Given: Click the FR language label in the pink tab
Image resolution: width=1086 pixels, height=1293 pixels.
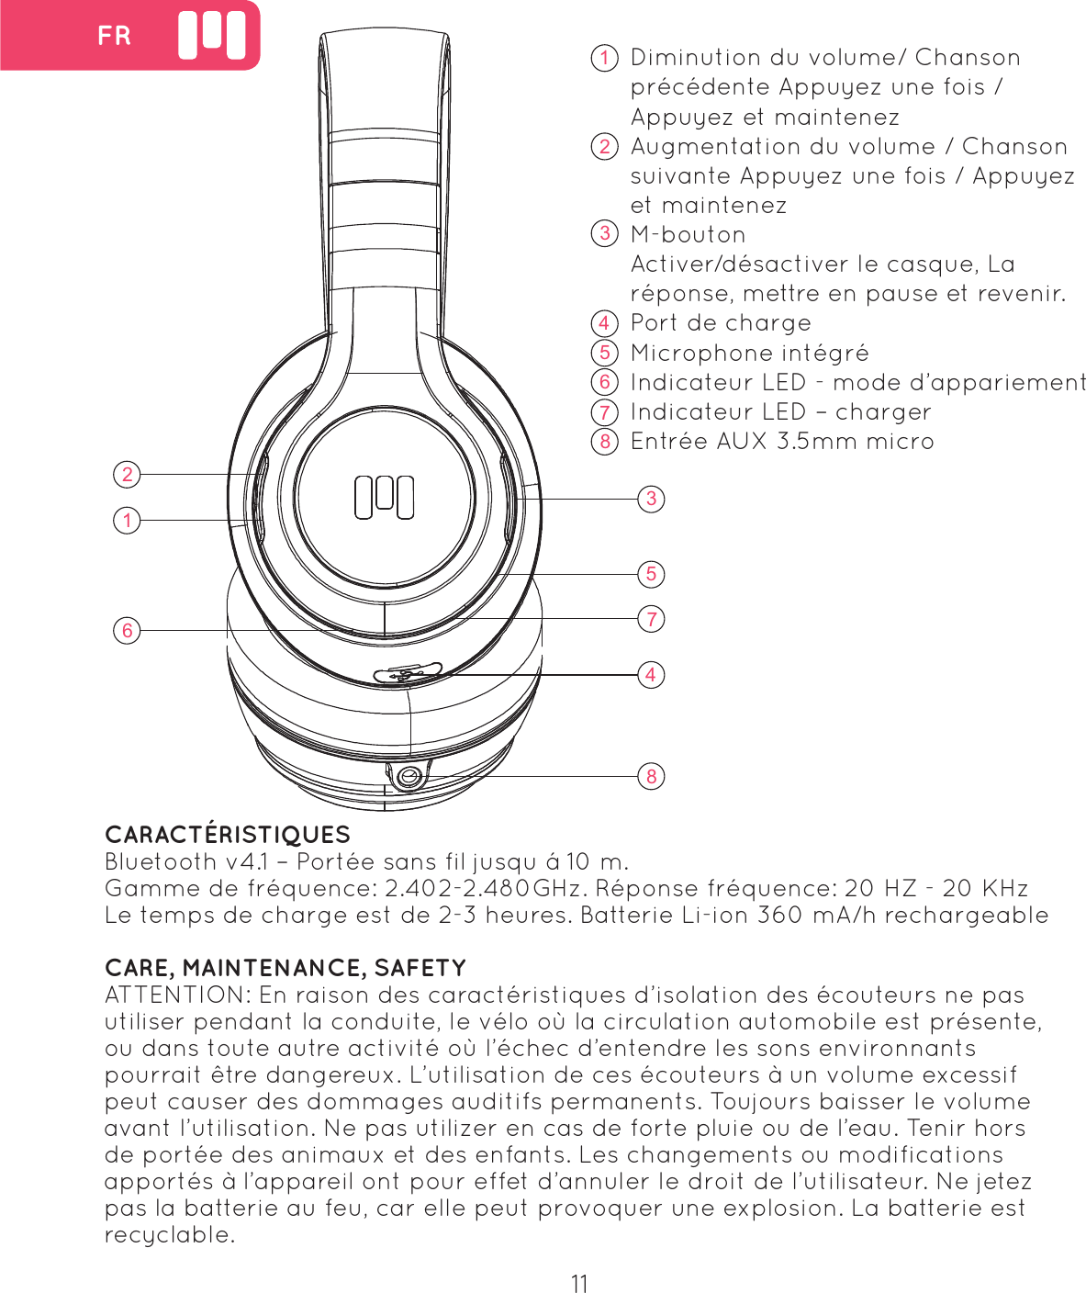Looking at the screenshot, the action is tap(115, 36).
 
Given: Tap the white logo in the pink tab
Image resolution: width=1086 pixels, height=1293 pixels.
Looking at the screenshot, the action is tap(212, 36).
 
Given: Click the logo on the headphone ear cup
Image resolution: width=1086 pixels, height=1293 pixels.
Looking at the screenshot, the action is tap(384, 497).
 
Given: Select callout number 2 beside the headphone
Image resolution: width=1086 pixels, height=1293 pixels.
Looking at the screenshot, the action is tap(128, 474).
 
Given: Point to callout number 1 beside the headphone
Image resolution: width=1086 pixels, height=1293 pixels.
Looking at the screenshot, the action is tap(128, 521).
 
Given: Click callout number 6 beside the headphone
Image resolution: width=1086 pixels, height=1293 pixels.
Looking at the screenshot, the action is tap(128, 630).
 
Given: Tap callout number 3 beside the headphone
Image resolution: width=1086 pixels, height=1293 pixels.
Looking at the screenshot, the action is tap(651, 499).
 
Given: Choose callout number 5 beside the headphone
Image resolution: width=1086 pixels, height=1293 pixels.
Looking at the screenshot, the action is tap(651, 574).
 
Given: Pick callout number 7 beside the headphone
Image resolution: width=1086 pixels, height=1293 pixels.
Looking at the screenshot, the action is tap(651, 619).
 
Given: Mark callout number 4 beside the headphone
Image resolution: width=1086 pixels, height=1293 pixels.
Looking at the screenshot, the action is tap(651, 675).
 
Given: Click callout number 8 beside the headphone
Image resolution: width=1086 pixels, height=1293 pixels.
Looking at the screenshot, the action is tap(651, 776).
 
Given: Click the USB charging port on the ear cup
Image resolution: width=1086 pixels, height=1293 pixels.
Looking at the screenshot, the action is tap(408, 674).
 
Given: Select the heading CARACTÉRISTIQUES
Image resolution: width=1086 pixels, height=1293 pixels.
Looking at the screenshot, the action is tap(228, 835).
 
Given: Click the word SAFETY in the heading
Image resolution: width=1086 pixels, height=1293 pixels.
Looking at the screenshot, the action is tap(420, 968).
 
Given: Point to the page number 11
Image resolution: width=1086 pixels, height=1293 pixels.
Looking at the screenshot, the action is tap(579, 1283).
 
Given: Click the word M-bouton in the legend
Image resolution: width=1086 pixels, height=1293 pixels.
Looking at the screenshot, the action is tap(688, 235).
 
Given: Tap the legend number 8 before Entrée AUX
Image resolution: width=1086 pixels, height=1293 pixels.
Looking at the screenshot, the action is tap(604, 442).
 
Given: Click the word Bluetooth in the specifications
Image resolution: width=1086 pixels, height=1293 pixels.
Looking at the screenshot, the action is tap(161, 862).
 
